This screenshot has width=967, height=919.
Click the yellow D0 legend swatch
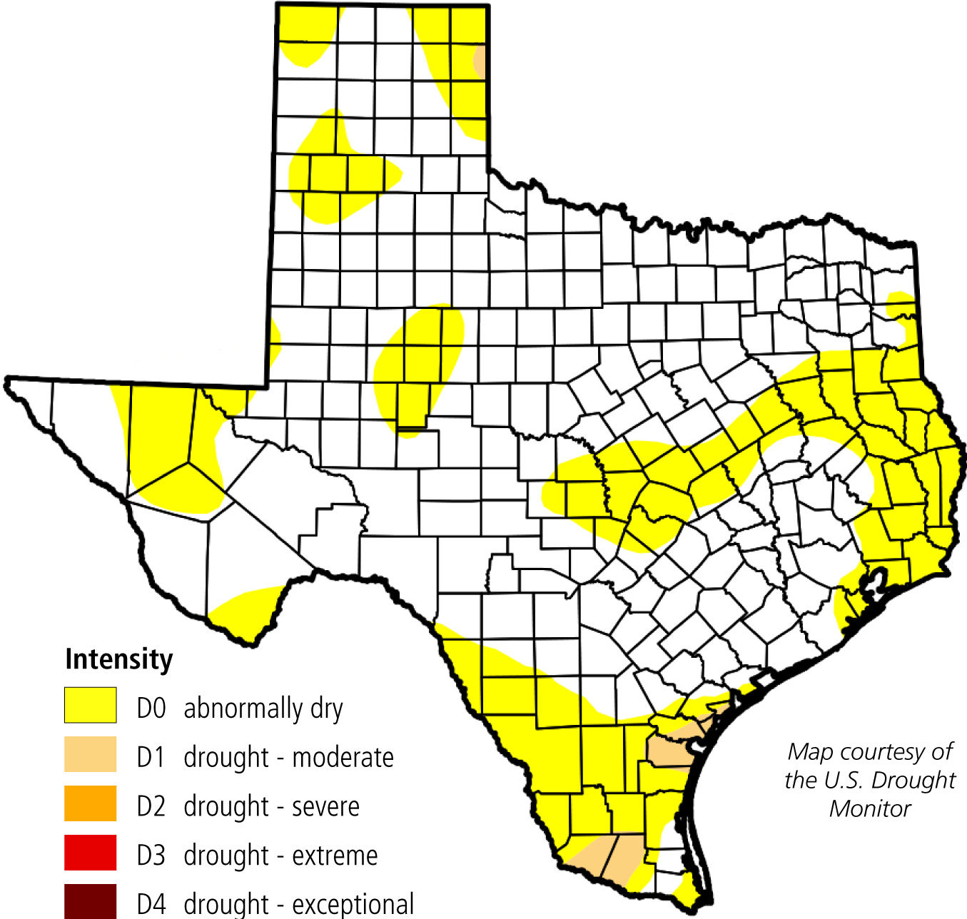pos(90,705)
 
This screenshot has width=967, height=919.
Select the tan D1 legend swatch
pos(90,754)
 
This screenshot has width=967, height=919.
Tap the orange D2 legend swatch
pos(90,803)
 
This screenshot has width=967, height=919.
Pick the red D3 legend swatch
pos(90,853)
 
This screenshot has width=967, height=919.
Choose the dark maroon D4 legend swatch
pos(90,900)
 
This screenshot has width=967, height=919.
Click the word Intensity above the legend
pos(118,659)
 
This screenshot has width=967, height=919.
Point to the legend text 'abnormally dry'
pos(263,709)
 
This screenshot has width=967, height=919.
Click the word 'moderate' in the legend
pos(343,757)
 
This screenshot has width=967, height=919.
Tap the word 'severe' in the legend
pos(325,806)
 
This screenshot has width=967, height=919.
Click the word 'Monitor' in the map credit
pos(870,808)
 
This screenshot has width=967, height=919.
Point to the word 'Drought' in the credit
pos(915,780)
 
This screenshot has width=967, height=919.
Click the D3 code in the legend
pos(151,855)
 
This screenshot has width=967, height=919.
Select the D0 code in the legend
pos(151,709)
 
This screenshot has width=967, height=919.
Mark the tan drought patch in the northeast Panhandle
pos(480,61)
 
